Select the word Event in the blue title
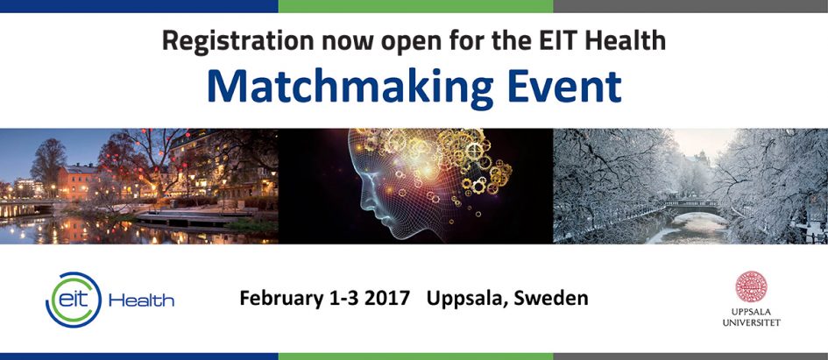[564, 86]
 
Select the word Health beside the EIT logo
[141, 301]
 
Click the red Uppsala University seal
[751, 286]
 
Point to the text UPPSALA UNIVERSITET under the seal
[751, 317]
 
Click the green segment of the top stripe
[415, 6]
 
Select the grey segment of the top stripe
[690, 6]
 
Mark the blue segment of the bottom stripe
[139, 356]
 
